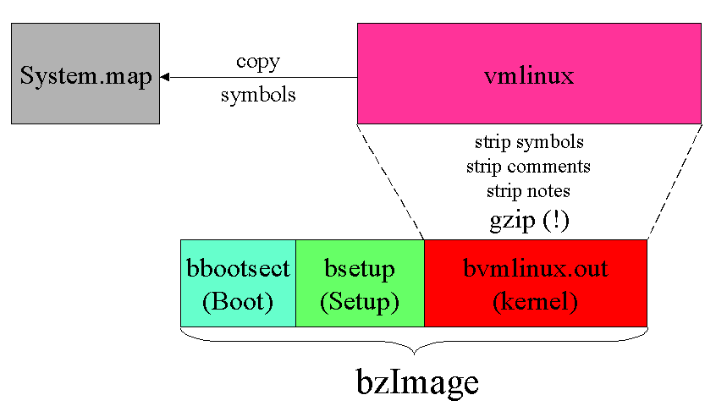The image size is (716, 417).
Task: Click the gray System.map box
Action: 85,74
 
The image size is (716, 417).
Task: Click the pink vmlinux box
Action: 529,74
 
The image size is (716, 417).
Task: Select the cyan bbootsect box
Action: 238,283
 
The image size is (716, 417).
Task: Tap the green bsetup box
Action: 360,283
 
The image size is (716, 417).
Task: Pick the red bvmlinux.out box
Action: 535,283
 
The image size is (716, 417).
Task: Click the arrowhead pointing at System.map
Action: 165,78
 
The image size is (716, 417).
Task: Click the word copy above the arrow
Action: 258,62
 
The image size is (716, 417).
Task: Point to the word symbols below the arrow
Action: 258,95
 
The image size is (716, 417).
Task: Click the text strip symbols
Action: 529,141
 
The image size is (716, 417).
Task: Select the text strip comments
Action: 529,166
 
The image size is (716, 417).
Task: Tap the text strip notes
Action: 529,190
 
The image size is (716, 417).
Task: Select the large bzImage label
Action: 416,382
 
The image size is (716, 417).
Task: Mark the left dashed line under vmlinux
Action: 390,182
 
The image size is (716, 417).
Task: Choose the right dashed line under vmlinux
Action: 675,182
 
